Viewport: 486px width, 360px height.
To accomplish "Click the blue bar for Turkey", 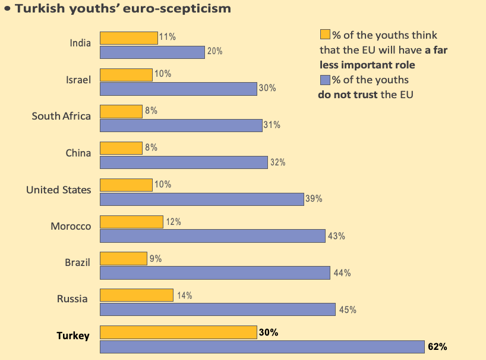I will (x=262, y=347).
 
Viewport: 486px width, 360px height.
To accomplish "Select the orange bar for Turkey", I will (x=178, y=332).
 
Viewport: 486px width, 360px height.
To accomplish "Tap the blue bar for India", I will (x=152, y=52).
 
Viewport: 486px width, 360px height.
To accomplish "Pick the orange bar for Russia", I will (x=137, y=295).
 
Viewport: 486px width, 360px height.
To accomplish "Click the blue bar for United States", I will (x=202, y=199).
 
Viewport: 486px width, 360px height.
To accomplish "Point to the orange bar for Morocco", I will (x=131, y=221).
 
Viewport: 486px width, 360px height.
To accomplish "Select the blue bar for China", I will (x=184, y=162).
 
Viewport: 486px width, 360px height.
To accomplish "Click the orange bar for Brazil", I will (x=123, y=258).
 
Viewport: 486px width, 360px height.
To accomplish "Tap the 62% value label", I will (x=437, y=346).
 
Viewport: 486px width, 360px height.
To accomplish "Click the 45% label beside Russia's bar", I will (x=347, y=309).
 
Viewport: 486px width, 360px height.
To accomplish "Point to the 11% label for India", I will (x=167, y=37).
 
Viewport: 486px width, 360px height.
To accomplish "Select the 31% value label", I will (x=272, y=125).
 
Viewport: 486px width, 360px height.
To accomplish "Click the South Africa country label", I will (x=61, y=116).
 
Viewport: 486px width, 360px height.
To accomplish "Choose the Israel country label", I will (x=78, y=79).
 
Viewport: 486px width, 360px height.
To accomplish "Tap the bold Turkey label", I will (x=73, y=336).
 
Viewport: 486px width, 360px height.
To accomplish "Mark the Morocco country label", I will (x=71, y=227).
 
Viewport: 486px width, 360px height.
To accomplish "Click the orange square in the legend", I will (x=325, y=35).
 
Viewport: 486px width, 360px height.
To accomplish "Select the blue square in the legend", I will (x=325, y=80).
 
